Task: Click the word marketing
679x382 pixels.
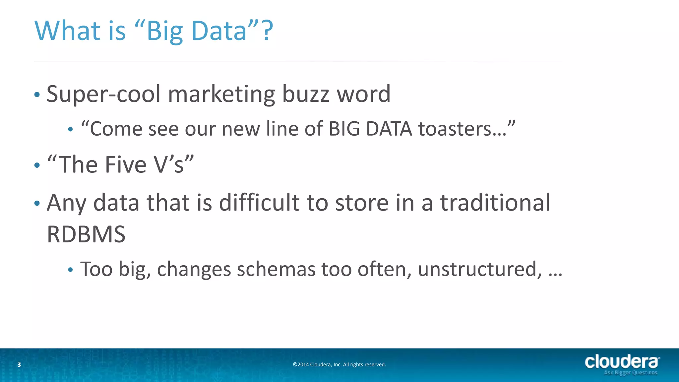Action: (x=221, y=94)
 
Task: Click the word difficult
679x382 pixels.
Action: (x=259, y=203)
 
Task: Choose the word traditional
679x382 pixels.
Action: (x=495, y=203)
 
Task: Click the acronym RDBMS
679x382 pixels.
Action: (x=86, y=234)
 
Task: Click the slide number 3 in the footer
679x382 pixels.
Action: (x=19, y=364)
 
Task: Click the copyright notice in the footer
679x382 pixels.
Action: (x=339, y=364)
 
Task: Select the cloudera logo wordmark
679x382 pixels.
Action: (x=622, y=361)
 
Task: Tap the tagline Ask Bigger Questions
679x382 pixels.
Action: (x=630, y=373)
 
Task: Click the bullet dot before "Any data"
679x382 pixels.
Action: (x=37, y=203)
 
